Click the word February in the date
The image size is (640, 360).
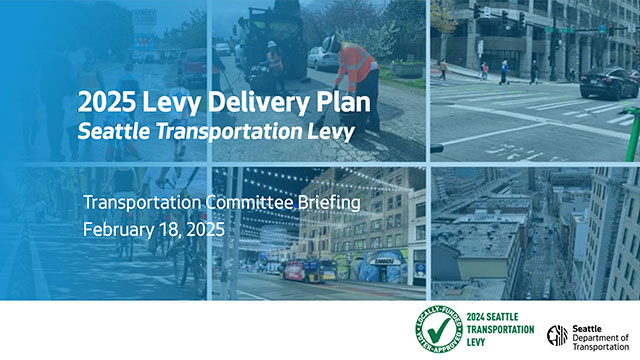point(119,229)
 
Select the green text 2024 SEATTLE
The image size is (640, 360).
point(499,318)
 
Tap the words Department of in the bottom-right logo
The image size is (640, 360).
point(604,333)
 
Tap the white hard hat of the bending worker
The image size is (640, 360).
point(330,42)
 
